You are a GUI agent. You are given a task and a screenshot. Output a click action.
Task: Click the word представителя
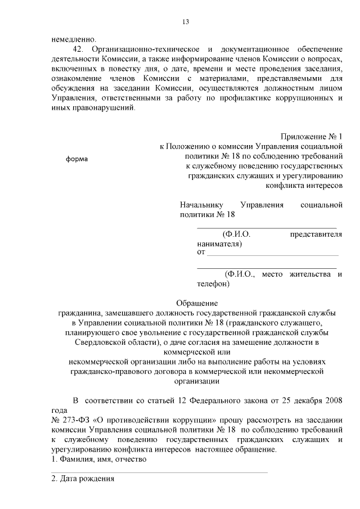point(316,235)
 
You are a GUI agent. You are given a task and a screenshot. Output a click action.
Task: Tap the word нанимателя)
point(219,244)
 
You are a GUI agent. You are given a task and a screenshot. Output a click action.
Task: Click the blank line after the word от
point(273,254)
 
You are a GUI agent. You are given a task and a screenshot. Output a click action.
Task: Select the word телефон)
point(213,284)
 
